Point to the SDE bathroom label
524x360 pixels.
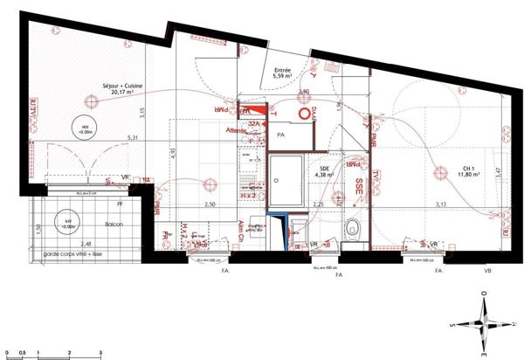tap(324, 166)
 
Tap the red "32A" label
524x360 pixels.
tap(253, 125)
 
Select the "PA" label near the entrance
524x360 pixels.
tap(281, 136)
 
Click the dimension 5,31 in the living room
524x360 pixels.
tap(133, 138)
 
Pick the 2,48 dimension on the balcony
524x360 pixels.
tap(84, 244)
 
